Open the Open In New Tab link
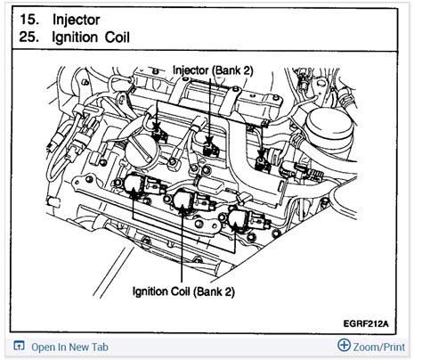69,346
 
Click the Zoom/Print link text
379,346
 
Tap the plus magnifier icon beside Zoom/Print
345,346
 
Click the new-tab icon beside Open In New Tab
19,346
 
